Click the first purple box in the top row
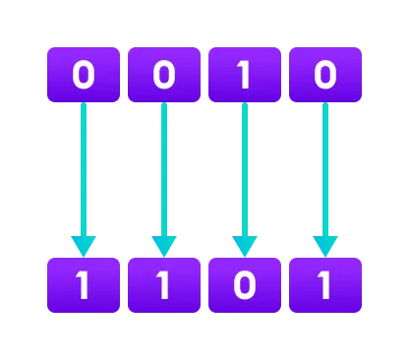84,75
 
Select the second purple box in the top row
164,75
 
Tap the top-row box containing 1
245,75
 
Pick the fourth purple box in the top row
325,75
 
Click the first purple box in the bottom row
84,285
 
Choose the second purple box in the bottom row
164,285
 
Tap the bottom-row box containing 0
245,285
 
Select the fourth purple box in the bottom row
325,285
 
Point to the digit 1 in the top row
245,75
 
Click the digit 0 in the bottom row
245,285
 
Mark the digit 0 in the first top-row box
84,75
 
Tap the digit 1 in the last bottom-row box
325,285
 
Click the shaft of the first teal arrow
84,167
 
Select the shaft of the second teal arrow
164,167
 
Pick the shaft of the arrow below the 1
245,167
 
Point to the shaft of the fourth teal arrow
325,167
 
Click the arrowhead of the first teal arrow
84,245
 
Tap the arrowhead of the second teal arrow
164,245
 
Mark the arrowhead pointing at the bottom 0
245,245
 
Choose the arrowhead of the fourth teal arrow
325,245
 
